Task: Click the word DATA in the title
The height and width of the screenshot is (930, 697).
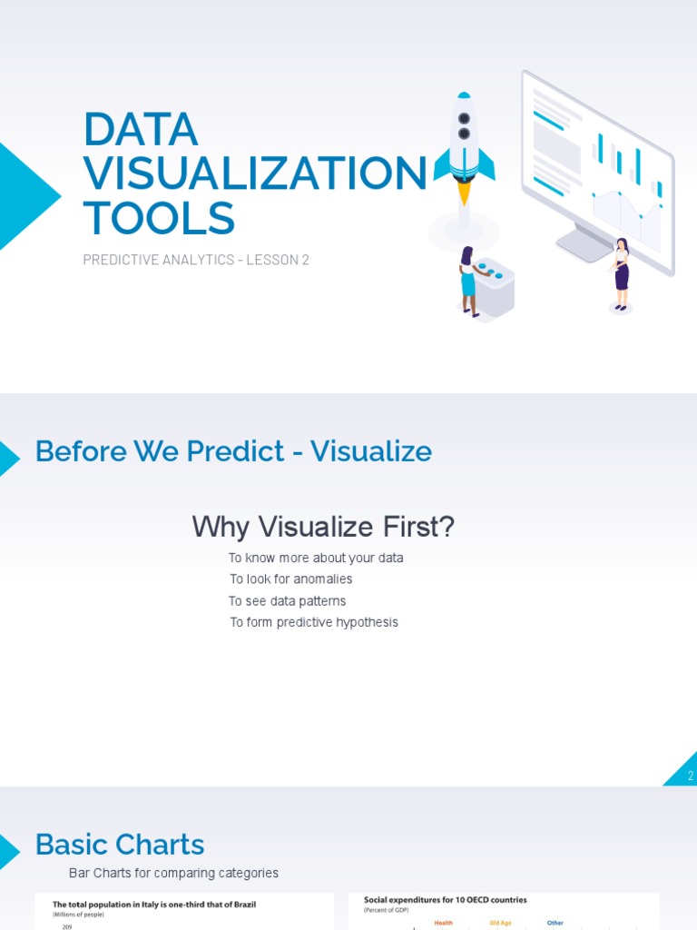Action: [x=140, y=129]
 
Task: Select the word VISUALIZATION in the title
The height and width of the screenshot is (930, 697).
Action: [x=254, y=173]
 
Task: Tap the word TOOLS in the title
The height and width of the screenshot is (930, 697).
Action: [x=159, y=218]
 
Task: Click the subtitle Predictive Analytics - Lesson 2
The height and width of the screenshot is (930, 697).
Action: [x=196, y=260]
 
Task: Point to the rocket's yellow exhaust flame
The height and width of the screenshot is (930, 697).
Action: [x=464, y=193]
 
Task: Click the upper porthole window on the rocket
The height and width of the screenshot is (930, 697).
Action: [x=464, y=119]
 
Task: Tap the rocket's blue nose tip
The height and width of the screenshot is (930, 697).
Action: [x=464, y=94]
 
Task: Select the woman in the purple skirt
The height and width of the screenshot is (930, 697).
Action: [x=621, y=273]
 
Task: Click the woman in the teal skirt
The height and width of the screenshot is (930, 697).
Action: [x=467, y=281]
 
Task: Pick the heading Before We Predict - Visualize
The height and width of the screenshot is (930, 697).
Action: [x=233, y=451]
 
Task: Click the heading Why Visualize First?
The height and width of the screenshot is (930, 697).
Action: [x=323, y=527]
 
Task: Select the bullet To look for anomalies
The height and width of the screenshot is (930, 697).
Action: [x=290, y=579]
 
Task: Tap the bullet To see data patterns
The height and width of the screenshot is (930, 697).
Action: [x=287, y=601]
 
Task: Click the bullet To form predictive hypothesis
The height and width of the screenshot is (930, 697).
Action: [x=313, y=623]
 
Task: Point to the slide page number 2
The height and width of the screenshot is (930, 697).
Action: [x=690, y=776]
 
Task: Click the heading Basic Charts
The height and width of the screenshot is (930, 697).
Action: [x=120, y=845]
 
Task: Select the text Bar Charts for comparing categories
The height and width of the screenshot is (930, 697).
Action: [x=174, y=874]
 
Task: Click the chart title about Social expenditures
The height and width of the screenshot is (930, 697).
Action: [x=445, y=900]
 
